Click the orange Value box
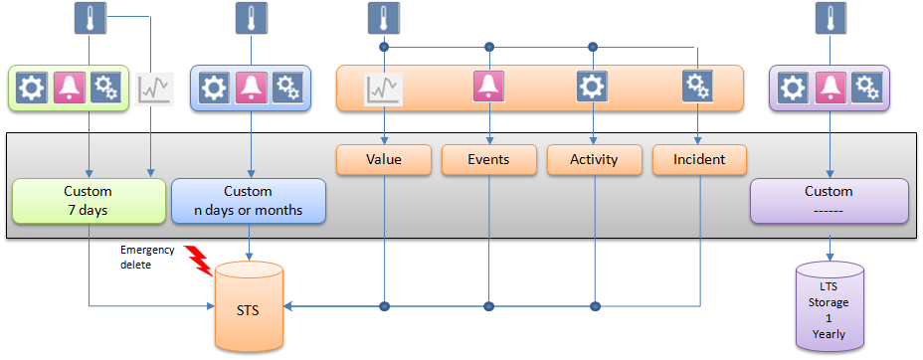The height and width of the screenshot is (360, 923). pyautogui.click(x=383, y=160)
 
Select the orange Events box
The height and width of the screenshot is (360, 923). pyautogui.click(x=488, y=160)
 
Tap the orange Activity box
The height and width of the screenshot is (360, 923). pyautogui.click(x=594, y=160)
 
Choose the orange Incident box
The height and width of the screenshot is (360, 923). pyautogui.click(x=698, y=160)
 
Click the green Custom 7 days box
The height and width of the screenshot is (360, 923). pyautogui.click(x=89, y=200)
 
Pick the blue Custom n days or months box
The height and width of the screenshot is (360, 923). pyautogui.click(x=248, y=200)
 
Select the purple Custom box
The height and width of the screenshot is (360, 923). pyautogui.click(x=829, y=200)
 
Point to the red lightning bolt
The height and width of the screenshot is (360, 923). pyautogui.click(x=200, y=260)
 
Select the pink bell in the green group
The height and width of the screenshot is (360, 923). pyautogui.click(x=70, y=89)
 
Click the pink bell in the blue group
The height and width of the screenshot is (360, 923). pyautogui.click(x=251, y=89)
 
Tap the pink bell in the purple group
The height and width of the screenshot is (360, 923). pyautogui.click(x=830, y=89)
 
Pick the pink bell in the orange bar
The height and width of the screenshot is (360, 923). pyautogui.click(x=488, y=88)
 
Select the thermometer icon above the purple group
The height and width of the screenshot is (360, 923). pyautogui.click(x=829, y=18)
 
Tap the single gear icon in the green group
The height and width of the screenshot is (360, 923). pyautogui.click(x=32, y=89)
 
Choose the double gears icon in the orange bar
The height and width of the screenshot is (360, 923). pyautogui.click(x=697, y=88)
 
